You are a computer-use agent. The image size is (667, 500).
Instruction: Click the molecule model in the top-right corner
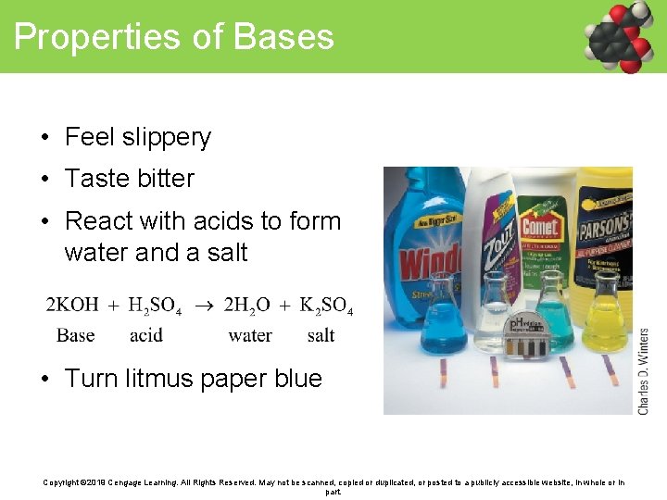click(621, 37)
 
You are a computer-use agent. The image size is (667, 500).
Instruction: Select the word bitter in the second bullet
click(164, 179)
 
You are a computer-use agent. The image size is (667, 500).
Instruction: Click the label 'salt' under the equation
click(321, 335)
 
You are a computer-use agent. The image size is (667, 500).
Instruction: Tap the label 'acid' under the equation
click(146, 335)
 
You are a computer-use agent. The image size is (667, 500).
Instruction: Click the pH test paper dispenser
click(525, 338)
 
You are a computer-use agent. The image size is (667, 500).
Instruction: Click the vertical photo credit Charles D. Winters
click(644, 370)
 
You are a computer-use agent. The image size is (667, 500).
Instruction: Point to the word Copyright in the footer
click(63, 482)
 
